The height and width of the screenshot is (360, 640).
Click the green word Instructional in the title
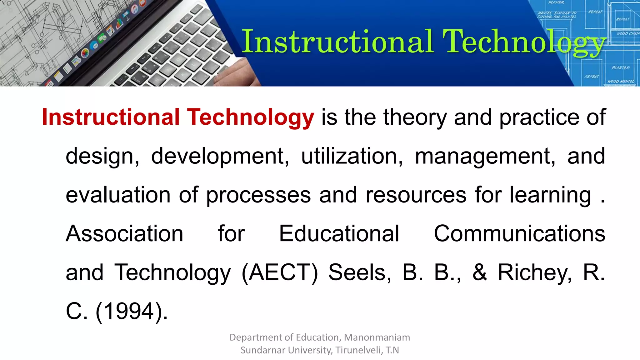point(337,42)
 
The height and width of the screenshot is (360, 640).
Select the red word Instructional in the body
point(111,117)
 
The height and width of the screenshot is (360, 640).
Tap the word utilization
point(352,156)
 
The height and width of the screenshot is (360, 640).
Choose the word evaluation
point(118,195)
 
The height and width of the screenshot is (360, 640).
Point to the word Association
point(124,233)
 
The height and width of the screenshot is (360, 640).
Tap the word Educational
point(339,233)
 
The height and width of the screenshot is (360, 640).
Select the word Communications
point(519,233)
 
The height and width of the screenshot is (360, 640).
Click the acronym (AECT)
point(280,272)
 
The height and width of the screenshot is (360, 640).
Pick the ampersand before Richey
point(479,272)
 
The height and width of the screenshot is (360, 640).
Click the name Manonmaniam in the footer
point(377,337)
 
